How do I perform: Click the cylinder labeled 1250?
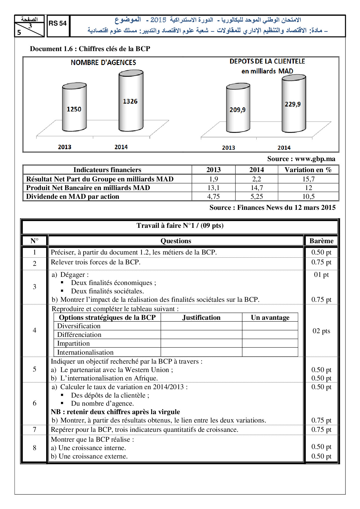74,107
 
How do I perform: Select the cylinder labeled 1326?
131,101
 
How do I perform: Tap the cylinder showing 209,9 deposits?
238,108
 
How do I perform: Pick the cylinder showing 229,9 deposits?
294,104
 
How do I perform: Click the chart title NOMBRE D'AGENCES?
103,62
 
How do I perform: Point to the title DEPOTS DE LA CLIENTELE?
267,62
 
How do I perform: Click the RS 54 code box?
57,24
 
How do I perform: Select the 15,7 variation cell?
308,179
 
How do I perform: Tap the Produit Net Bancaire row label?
88,188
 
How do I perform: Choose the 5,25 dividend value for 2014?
257,196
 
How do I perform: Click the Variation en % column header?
308,170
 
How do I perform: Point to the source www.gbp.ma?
301,159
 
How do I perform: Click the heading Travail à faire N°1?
180,225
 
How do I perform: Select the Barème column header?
321,241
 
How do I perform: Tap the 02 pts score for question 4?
321,331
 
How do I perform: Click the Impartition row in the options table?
73,343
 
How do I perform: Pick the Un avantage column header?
270,317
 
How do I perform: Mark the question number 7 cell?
35,429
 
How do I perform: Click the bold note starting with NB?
115,412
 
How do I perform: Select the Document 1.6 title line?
90,49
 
